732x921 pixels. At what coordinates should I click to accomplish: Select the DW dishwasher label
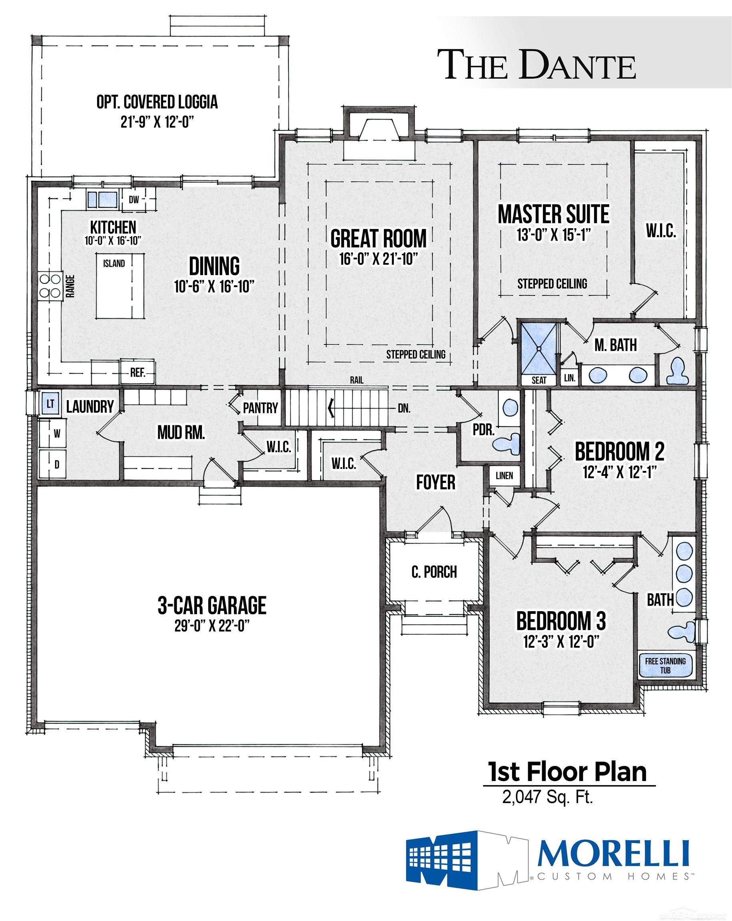[134, 199]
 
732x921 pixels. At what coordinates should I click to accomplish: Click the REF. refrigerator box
[138, 372]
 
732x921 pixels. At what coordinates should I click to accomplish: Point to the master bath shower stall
[539, 349]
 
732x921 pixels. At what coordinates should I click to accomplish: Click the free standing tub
[665, 665]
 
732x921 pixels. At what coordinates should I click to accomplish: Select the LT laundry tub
[50, 404]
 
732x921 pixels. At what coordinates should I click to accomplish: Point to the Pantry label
[260, 408]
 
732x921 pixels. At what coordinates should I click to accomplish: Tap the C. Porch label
[434, 572]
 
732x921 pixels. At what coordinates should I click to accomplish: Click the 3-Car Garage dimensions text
[212, 626]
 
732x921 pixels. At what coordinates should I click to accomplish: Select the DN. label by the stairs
[404, 409]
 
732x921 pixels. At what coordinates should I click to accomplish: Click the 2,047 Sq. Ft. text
[548, 797]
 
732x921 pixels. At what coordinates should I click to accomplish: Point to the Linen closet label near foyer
[504, 475]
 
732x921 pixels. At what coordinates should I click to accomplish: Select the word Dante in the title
[577, 65]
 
